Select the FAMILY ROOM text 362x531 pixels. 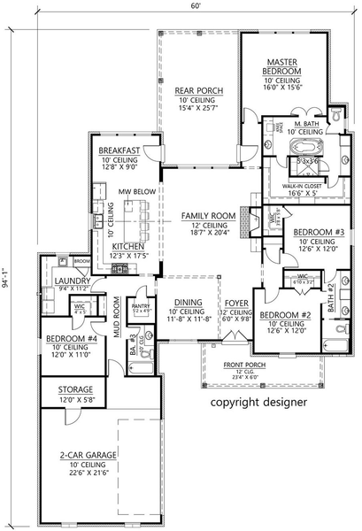point(208,215)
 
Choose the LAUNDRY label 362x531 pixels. point(68,281)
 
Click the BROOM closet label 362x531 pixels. point(81,262)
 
